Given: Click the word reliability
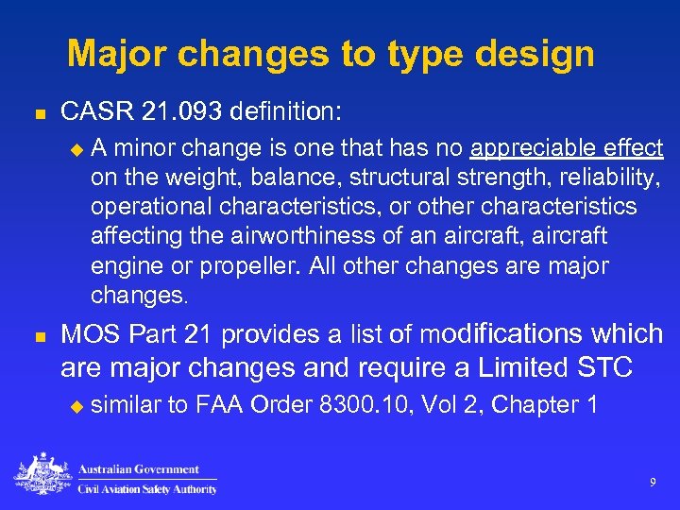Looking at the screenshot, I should [603, 177].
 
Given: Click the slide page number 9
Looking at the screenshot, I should [653, 483].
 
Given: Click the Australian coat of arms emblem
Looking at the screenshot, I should [43, 475].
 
